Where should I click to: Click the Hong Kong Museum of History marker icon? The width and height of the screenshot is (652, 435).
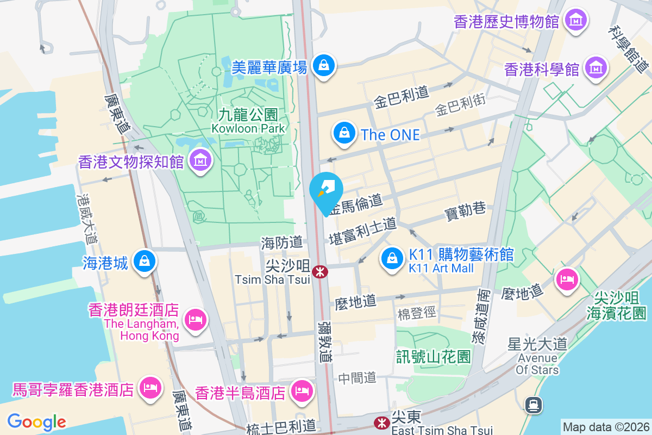(575, 21)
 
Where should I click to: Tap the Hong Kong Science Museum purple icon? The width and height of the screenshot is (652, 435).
(596, 69)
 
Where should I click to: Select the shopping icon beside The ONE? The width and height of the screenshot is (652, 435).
(344, 133)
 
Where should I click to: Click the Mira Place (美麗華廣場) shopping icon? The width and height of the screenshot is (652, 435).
(324, 65)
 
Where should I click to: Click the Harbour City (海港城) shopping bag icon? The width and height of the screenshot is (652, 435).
(145, 262)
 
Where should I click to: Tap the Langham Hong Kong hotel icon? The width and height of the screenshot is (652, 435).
(195, 319)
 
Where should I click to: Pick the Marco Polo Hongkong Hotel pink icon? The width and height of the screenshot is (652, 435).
(149, 388)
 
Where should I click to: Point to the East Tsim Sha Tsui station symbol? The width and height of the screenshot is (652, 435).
(382, 422)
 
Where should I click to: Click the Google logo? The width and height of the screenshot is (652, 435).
(36, 421)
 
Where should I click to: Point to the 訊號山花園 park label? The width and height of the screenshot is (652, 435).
(433, 357)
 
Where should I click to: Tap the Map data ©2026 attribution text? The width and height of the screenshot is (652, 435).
(606, 427)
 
